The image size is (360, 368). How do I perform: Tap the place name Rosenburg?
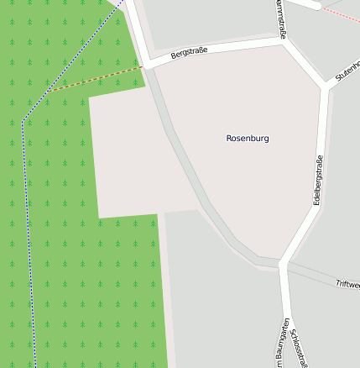click(248, 138)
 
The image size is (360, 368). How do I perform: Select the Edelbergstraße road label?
click(318, 181)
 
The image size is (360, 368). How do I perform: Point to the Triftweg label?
click(347, 285)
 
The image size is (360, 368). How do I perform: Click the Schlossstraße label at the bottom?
click(299, 347)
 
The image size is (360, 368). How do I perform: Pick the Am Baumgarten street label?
click(282, 344)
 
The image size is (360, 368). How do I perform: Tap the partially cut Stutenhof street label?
click(346, 70)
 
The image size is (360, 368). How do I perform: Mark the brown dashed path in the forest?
click(92, 80)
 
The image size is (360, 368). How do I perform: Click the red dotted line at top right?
click(342, 14)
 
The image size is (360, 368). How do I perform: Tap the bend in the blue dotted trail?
click(23, 123)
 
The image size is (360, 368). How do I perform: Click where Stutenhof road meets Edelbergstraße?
click(324, 85)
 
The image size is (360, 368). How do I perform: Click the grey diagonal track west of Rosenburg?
click(193, 168)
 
